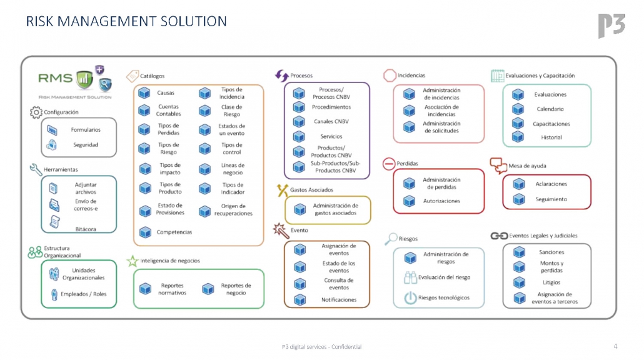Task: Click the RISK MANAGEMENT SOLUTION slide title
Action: (126, 22)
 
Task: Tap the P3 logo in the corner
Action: (610, 25)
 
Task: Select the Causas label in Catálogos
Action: (166, 93)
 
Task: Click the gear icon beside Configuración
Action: (36, 112)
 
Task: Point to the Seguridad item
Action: (85, 145)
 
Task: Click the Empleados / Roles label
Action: (83, 294)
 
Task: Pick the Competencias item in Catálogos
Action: (174, 232)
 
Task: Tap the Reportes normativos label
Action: (172, 289)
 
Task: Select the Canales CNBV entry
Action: (331, 121)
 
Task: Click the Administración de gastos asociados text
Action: (335, 209)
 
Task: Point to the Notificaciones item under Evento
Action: (339, 300)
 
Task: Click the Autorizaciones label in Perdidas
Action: (441, 201)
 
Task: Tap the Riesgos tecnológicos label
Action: (444, 298)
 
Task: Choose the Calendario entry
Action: (550, 109)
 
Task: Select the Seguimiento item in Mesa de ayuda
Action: (551, 199)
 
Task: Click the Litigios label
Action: (551, 282)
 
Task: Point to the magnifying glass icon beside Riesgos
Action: (391, 238)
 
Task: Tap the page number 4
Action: (615, 346)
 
